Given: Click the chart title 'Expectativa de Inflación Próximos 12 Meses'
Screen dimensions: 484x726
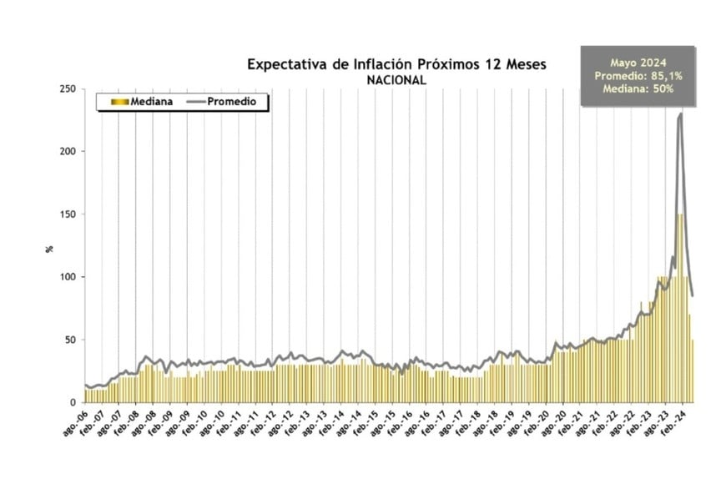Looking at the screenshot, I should (396, 65).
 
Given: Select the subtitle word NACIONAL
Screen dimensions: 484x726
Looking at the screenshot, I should (396, 81).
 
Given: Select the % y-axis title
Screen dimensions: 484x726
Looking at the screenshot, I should (49, 248).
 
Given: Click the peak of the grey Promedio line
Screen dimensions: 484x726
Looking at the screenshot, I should (680, 113).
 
